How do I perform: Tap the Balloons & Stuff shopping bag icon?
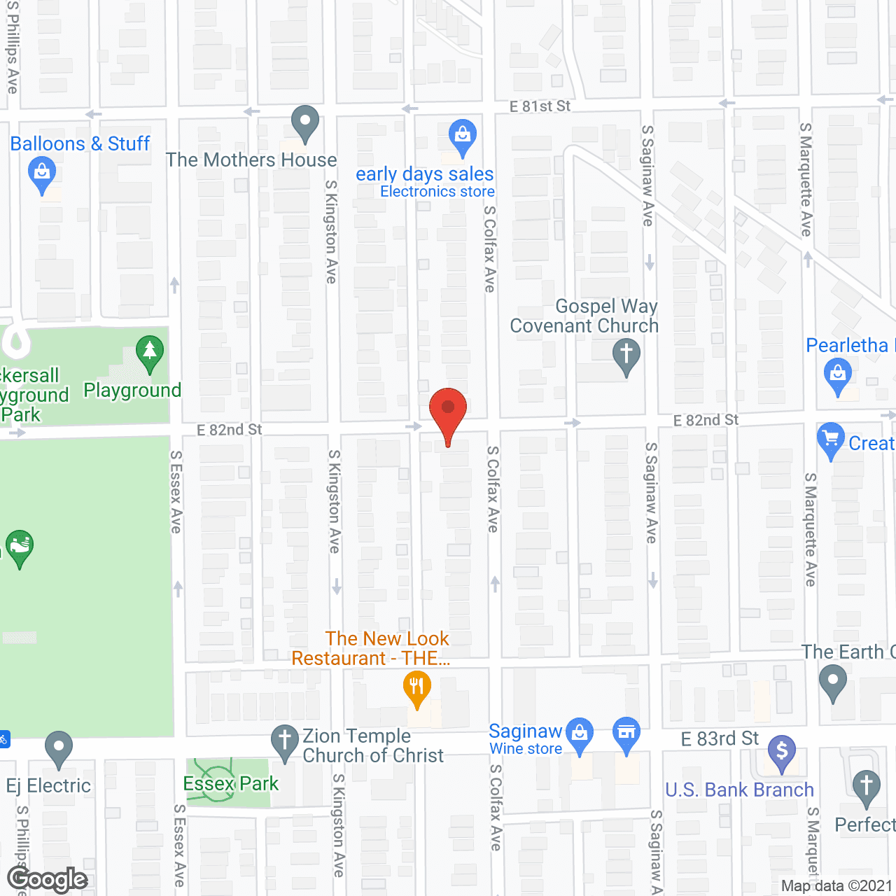point(42,173)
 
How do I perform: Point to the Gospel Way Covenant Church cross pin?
point(626,355)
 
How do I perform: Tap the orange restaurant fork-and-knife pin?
point(416,687)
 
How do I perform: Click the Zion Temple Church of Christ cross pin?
point(285,741)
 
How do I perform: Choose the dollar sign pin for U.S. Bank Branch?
point(782,752)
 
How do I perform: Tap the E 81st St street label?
point(540,106)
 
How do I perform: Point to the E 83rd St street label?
point(720,738)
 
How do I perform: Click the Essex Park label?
point(230,783)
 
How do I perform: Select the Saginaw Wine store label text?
point(526,739)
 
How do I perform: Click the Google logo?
point(47,880)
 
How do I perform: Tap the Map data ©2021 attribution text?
point(836,885)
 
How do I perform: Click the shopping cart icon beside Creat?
point(830,439)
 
